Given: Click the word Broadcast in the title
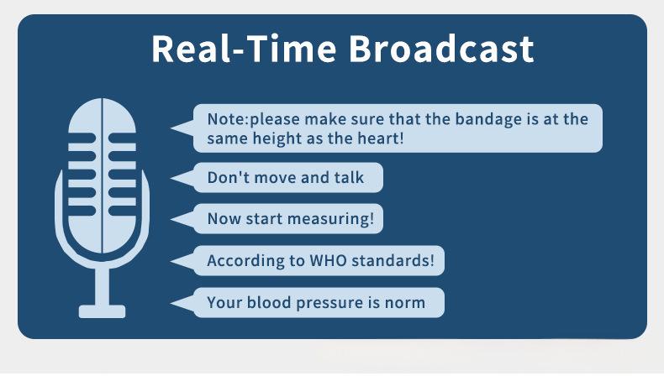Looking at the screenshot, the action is coord(440,49).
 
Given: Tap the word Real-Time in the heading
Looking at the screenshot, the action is coord(245,49).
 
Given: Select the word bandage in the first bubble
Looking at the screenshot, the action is coord(488,120).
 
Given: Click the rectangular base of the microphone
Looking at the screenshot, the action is coord(102,311).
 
